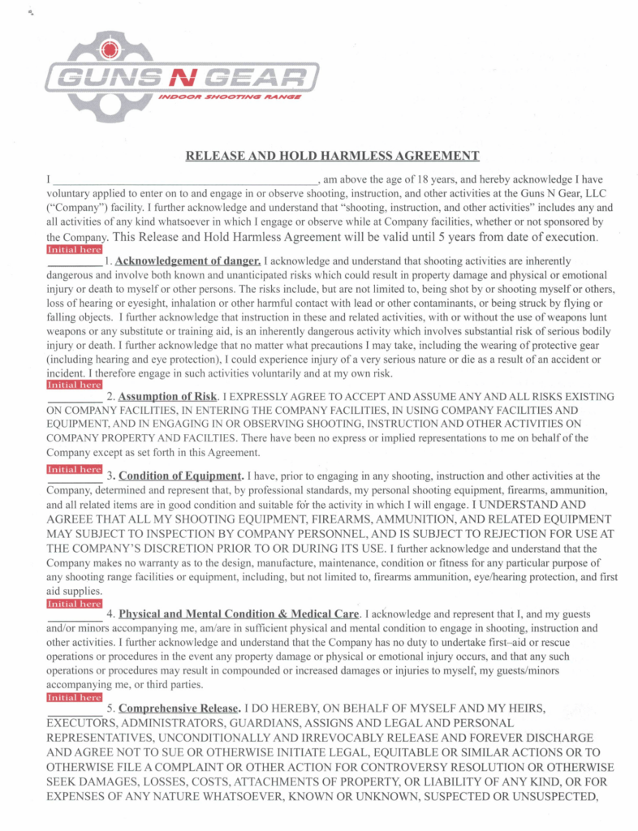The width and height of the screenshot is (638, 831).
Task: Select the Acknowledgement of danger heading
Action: [x=188, y=261]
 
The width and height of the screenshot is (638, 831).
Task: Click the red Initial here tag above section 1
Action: [x=75, y=249]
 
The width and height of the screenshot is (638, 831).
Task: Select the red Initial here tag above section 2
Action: [x=75, y=385]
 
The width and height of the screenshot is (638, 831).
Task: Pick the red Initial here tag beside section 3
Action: [x=75, y=469]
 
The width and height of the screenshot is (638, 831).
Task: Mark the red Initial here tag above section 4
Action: [x=75, y=603]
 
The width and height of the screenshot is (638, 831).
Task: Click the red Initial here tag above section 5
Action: [x=75, y=697]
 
